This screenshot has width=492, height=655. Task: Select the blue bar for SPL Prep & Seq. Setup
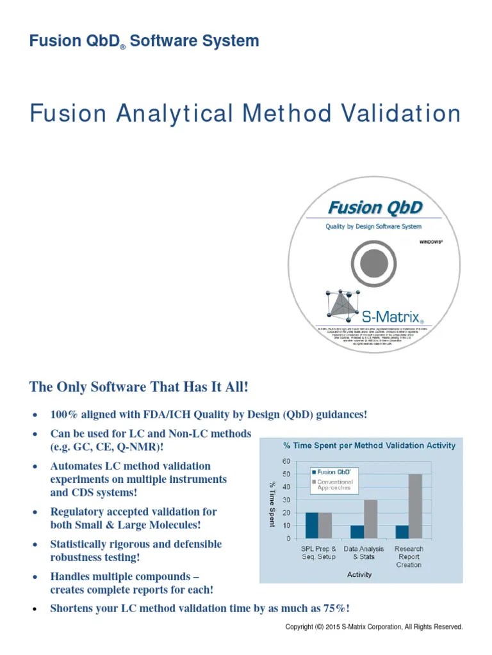click(x=311, y=525)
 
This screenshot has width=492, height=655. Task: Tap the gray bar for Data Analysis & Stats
click(x=370, y=519)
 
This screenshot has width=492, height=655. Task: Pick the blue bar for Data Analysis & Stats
click(x=357, y=532)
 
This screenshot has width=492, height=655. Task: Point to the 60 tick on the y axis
click(x=286, y=461)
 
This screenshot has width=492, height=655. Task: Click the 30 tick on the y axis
click(x=286, y=500)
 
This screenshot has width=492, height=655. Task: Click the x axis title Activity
click(x=359, y=574)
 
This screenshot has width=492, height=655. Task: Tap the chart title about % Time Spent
click(x=370, y=445)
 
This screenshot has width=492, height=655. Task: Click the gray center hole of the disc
click(x=372, y=263)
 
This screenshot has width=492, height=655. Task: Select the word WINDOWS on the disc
click(x=430, y=242)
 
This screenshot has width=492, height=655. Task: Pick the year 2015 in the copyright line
click(x=331, y=627)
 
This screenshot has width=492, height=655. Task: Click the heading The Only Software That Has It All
click(x=138, y=388)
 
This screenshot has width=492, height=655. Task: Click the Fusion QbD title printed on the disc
click(x=375, y=207)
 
